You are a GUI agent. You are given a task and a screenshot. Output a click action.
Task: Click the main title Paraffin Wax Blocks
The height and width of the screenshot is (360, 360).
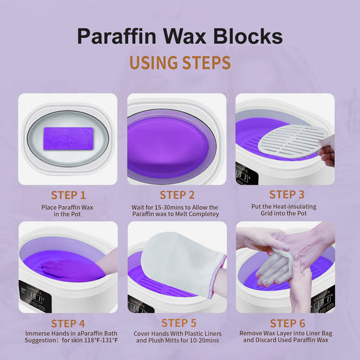pos(180,35)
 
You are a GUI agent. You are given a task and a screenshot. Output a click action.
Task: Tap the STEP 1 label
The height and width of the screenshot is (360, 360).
pos(69,194)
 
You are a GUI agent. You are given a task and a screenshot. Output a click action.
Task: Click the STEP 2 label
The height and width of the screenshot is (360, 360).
pos(177,194)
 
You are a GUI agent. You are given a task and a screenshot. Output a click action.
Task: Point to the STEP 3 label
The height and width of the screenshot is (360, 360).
pos(286,194)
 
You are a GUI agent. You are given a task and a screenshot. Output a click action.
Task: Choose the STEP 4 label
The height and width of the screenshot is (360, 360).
pos(69,323)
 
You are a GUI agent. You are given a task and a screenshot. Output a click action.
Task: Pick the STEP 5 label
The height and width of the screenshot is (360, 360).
pos(178,323)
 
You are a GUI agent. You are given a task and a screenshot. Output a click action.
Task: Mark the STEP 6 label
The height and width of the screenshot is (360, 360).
pos(286,322)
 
